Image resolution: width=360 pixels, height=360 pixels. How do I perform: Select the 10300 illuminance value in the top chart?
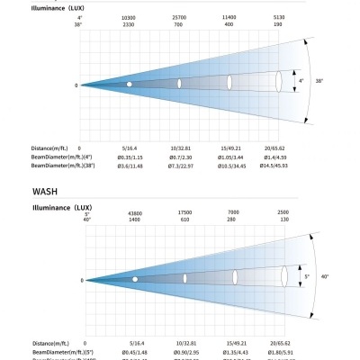point(129,17)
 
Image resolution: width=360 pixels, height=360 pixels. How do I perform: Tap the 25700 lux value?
point(179,17)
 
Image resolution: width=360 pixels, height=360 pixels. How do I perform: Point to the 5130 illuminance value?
point(279,17)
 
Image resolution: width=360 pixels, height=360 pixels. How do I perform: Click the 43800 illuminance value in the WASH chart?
point(135,212)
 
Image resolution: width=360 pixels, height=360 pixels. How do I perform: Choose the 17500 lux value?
point(184,212)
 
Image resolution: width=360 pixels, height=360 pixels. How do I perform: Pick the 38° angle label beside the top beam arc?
point(319,81)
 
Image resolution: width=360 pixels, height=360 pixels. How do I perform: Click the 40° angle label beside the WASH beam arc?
point(325,277)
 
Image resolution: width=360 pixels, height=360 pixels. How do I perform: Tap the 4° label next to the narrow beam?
point(301,81)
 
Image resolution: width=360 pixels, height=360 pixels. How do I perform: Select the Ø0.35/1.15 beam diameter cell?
point(130,157)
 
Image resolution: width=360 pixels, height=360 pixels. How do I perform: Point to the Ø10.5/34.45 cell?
point(229,165)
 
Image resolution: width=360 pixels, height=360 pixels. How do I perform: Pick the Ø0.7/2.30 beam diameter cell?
point(179,157)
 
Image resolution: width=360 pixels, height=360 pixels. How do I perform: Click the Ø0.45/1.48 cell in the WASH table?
point(135,351)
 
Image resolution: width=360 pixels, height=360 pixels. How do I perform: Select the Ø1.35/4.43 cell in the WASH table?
point(234,351)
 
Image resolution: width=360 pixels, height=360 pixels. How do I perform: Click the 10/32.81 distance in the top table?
point(179,147)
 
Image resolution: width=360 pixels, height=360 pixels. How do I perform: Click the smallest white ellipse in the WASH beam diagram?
point(135,279)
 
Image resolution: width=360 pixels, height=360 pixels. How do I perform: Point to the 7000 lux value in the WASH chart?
point(234,212)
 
